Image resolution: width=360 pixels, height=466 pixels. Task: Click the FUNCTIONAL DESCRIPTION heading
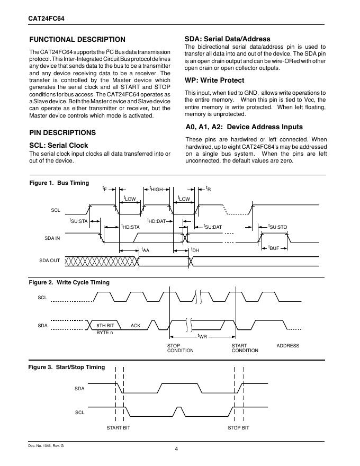pyautogui.click(x=77, y=40)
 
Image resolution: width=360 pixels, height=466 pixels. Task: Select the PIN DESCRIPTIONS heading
pyautogui.click(x=62, y=132)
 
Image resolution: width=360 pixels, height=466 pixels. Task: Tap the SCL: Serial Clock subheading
pyautogui.click(x=58, y=145)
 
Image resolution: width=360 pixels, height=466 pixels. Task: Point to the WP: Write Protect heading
pyautogui.click(x=214, y=80)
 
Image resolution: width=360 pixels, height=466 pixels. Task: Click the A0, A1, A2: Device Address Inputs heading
pyautogui.click(x=244, y=127)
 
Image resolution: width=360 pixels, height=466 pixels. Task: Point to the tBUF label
pyautogui.click(x=274, y=247)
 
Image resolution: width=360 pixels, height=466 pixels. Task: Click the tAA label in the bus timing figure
pyautogui.click(x=145, y=250)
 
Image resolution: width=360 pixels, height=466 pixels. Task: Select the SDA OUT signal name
pyautogui.click(x=50, y=261)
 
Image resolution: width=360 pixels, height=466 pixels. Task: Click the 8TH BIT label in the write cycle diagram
pyautogui.click(x=105, y=325)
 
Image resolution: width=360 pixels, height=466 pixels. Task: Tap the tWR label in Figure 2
pyautogui.click(x=202, y=336)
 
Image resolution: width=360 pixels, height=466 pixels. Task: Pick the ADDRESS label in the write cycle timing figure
pyautogui.click(x=288, y=346)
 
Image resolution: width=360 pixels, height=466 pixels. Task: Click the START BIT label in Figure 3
pyautogui.click(x=118, y=427)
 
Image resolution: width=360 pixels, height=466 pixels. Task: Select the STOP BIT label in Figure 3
pyautogui.click(x=238, y=427)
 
